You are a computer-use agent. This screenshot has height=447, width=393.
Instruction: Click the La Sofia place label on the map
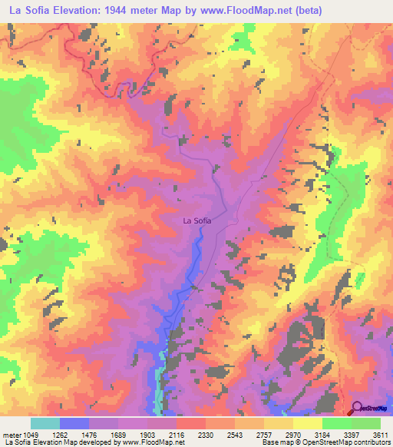[x=196, y=220]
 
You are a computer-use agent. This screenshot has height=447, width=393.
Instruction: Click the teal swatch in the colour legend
[x=45, y=423]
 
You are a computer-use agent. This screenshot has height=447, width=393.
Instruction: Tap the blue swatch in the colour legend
[x=74, y=423]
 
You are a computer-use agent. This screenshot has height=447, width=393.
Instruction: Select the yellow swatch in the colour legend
[x=308, y=423]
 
